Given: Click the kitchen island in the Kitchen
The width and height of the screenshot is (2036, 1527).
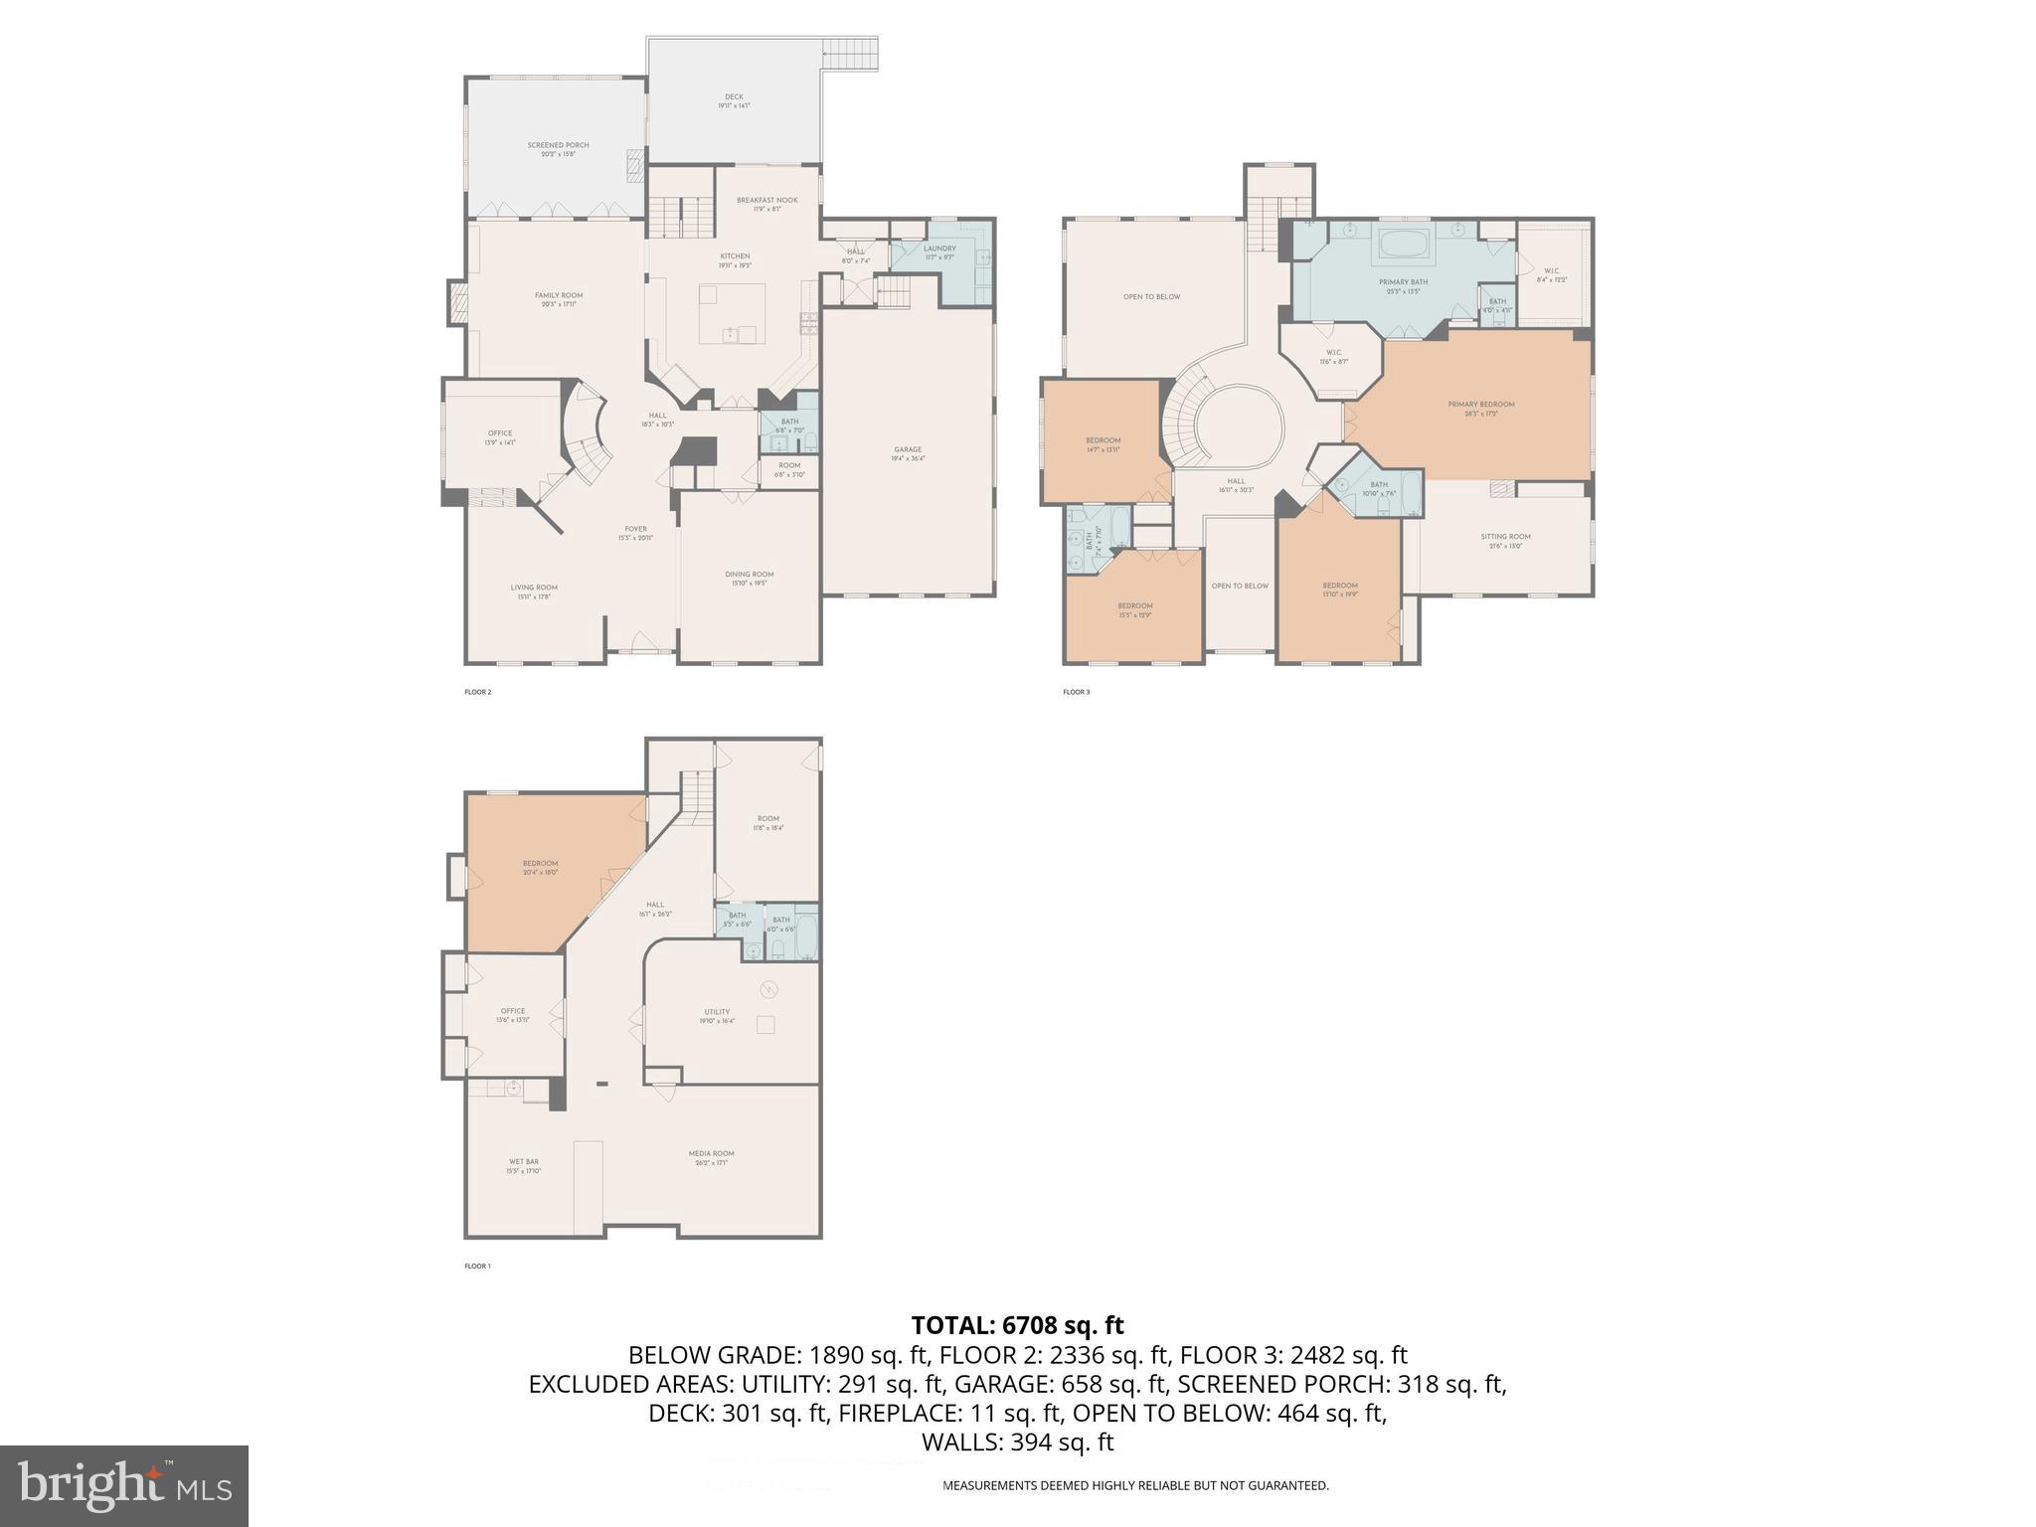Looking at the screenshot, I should pyautogui.click(x=732, y=313).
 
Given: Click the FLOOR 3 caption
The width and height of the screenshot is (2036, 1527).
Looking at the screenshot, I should pyautogui.click(x=1076, y=692).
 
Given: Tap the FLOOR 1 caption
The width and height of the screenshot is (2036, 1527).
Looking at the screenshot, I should pyautogui.click(x=477, y=1267).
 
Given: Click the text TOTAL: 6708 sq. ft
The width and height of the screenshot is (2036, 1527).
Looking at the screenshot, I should pyautogui.click(x=1017, y=1325).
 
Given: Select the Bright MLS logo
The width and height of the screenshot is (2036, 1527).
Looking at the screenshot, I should pyautogui.click(x=124, y=1485).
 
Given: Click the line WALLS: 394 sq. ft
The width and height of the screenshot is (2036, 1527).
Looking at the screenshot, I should pyautogui.click(x=1017, y=1442).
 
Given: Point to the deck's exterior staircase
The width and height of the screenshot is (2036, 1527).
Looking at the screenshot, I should pyautogui.click(x=850, y=52).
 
